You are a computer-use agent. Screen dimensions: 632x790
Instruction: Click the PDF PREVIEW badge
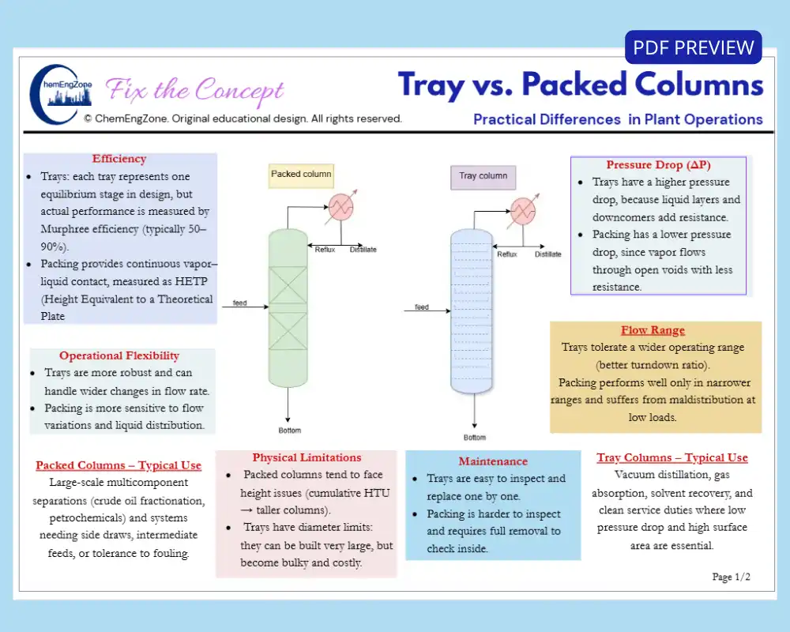(x=693, y=47)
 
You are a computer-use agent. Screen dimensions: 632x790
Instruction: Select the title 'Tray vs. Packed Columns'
(x=581, y=85)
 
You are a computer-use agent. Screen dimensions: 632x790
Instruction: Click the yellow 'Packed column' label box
(x=301, y=175)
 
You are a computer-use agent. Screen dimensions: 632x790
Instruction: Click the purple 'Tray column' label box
(x=483, y=176)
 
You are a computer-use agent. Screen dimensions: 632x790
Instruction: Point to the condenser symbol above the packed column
(x=340, y=207)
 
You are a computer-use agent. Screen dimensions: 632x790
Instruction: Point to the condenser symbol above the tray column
(x=523, y=210)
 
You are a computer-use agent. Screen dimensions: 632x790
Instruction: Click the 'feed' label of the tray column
(x=422, y=307)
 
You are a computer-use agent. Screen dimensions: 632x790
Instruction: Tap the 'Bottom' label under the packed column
(x=289, y=431)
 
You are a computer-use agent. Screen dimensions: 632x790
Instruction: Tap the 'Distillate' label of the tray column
(x=547, y=254)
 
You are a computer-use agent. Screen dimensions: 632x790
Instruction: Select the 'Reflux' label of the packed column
(x=325, y=250)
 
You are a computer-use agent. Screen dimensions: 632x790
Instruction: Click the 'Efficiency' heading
(x=119, y=159)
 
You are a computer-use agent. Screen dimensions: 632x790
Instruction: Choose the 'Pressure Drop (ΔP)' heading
(x=658, y=165)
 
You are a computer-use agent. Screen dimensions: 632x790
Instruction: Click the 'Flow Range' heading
(x=653, y=330)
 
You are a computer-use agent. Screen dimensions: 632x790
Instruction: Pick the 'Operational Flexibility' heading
(x=119, y=355)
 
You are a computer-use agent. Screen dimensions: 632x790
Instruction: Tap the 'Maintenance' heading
(x=493, y=461)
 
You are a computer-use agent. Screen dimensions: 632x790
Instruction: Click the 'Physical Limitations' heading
(x=307, y=457)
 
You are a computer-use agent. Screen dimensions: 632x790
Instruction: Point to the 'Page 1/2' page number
(x=731, y=577)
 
